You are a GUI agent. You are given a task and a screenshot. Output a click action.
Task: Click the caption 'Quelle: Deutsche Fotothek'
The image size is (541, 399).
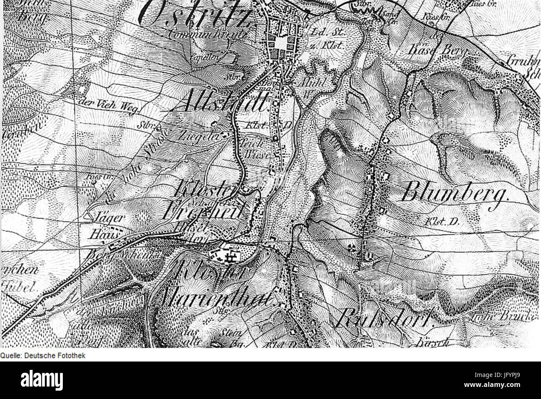coord(43,355)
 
